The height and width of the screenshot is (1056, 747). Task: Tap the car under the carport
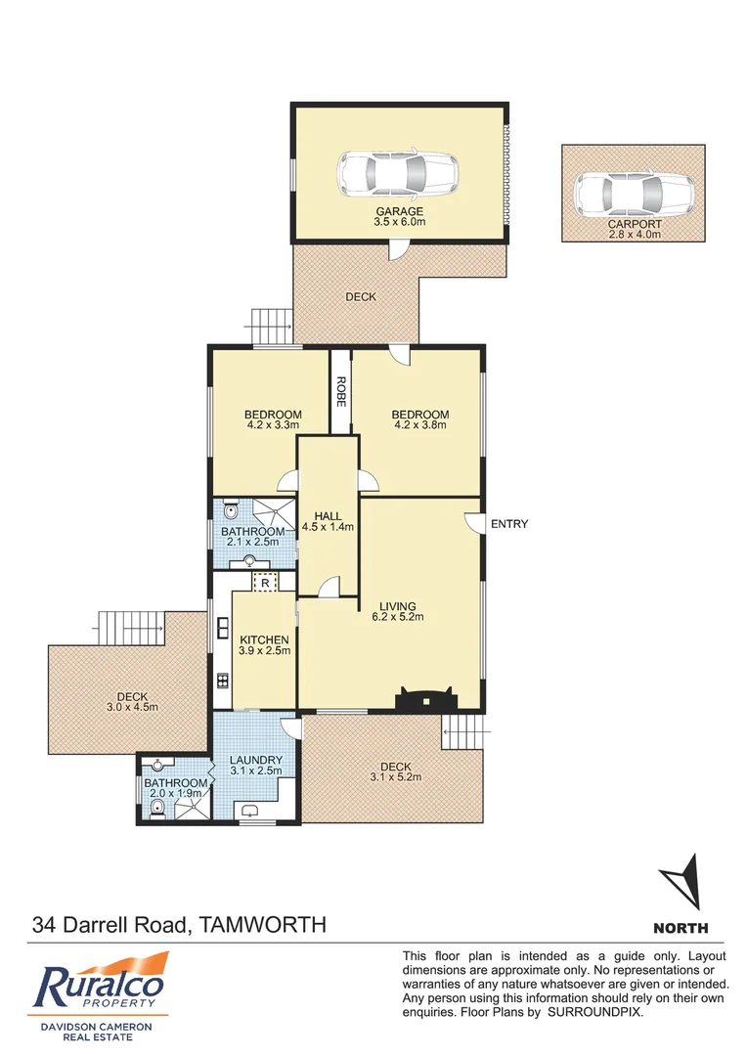click(x=632, y=194)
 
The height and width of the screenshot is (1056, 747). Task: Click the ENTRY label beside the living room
click(x=509, y=525)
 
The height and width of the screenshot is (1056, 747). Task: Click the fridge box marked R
click(x=265, y=582)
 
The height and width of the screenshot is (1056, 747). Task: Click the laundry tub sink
click(x=249, y=810)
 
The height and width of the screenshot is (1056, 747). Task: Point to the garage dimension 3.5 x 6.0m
click(x=400, y=223)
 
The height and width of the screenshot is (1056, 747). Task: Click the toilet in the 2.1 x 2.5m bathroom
click(x=230, y=510)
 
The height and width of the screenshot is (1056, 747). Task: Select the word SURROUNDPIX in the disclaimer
click(x=597, y=1012)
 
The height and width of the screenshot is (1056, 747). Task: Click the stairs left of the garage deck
click(x=273, y=322)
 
